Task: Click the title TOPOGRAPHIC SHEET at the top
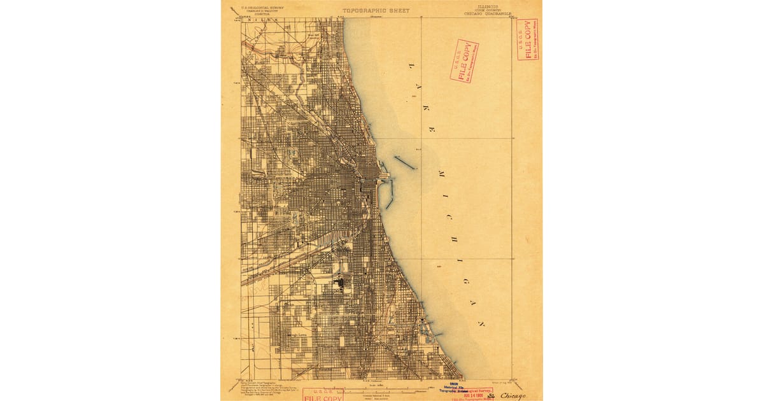(376, 11)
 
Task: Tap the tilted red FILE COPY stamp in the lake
(464, 60)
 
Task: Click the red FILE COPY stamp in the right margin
(528, 39)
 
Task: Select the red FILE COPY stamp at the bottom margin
(323, 397)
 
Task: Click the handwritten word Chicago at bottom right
(513, 396)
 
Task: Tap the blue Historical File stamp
(454, 388)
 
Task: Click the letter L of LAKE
(411, 66)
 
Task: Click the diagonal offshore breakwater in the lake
(404, 162)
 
